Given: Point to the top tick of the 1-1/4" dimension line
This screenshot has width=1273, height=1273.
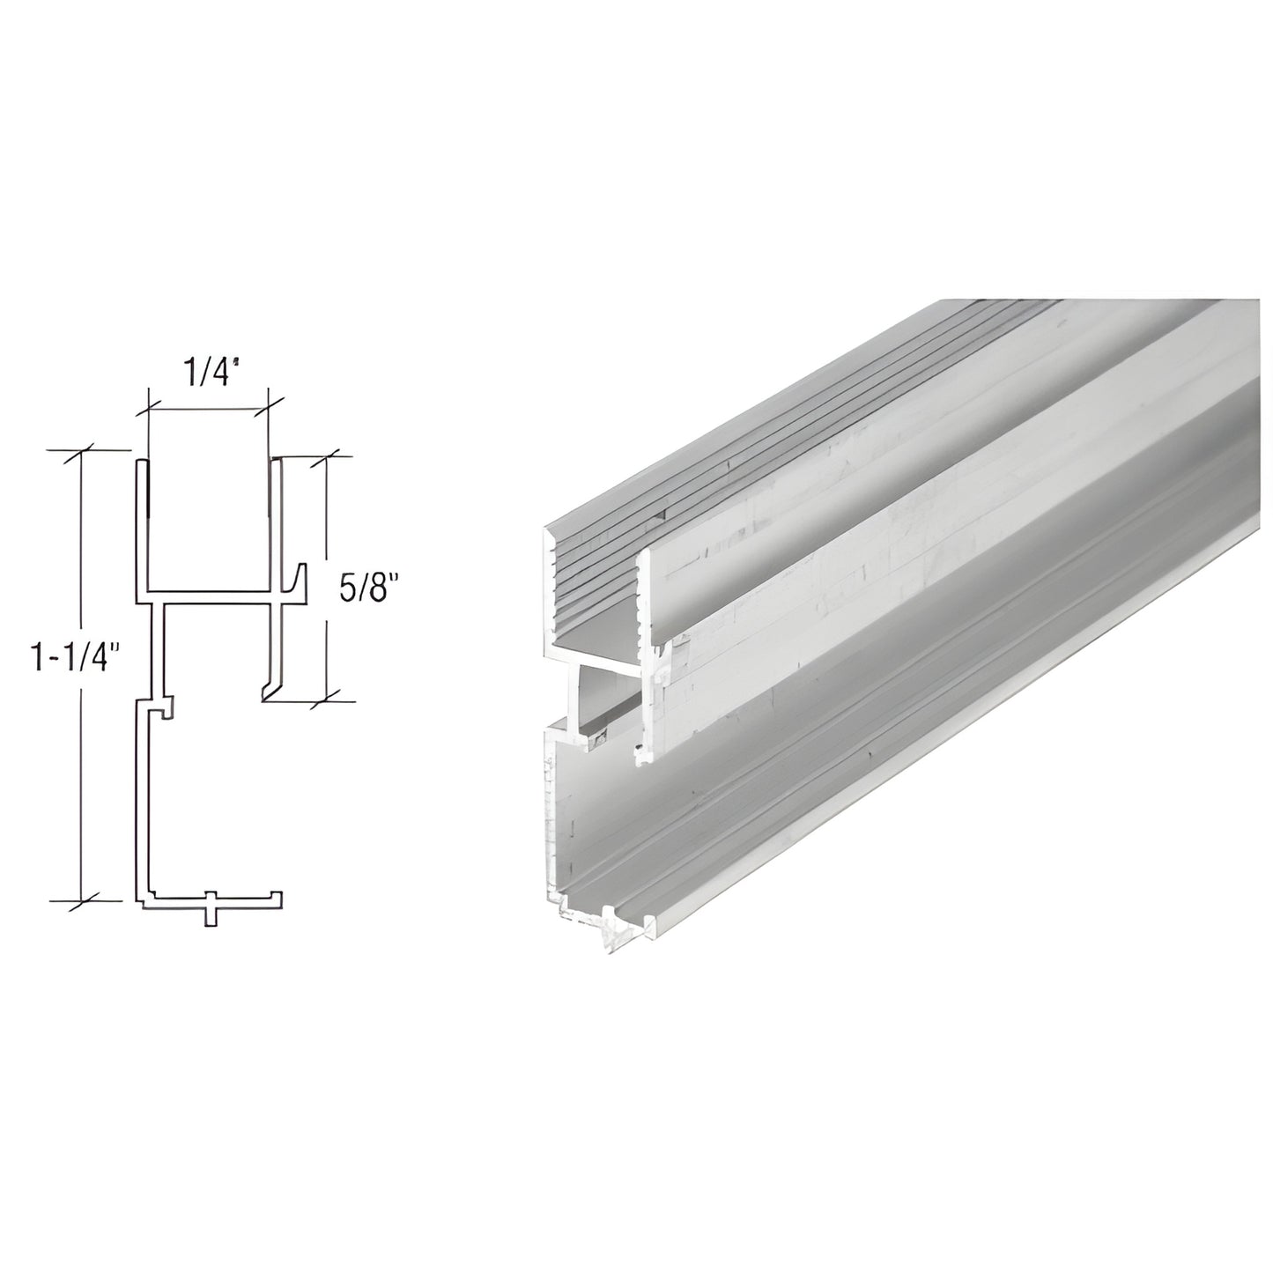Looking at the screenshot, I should click(82, 452).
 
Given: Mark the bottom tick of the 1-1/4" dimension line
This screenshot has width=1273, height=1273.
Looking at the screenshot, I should click(82, 901).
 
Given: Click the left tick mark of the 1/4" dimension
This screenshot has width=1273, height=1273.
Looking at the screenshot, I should click(147, 408).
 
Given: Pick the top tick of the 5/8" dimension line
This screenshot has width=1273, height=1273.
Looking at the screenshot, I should click(327, 456).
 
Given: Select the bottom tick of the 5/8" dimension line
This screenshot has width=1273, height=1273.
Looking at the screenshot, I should click(327, 700).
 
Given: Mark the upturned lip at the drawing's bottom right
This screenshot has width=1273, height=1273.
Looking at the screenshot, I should click(278, 896).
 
